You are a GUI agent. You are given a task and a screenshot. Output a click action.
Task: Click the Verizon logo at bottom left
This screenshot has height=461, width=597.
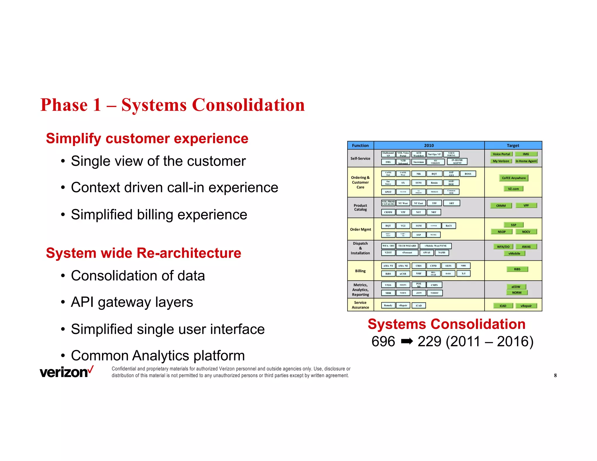tap(66, 372)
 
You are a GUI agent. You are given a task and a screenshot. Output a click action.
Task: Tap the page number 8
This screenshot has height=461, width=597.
tap(555, 375)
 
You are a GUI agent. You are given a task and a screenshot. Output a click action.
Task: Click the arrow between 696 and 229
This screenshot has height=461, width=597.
tap(407, 341)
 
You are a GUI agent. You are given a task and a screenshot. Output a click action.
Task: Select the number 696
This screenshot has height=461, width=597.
tap(383, 341)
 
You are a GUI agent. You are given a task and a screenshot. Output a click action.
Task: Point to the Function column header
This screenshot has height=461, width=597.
tap(360, 145)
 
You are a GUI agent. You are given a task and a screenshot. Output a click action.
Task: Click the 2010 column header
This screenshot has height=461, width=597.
tap(429, 145)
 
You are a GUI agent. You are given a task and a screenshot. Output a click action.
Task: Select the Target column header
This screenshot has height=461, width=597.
tap(513, 145)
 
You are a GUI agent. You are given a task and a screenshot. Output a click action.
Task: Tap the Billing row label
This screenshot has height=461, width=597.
tap(360, 271)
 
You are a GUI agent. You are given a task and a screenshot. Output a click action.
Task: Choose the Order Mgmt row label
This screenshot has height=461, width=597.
tap(360, 229)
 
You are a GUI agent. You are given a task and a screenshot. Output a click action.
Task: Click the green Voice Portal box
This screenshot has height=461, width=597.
tap(501, 154)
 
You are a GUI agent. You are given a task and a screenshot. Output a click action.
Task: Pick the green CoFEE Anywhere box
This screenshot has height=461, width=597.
tap(514, 178)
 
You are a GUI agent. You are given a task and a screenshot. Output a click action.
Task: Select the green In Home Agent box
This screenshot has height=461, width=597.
tap(526, 161)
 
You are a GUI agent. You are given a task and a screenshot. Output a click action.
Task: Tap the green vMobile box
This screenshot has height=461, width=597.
tap(514, 254)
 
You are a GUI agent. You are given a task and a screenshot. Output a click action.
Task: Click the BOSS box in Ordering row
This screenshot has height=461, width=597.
tap(468, 174)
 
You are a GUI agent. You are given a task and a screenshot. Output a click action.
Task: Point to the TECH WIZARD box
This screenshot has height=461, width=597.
tap(407, 246)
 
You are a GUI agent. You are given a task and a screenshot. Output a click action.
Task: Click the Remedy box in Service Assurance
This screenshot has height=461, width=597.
tap(388, 305)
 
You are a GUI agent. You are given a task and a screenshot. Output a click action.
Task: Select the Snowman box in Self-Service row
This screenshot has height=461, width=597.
tap(418, 162)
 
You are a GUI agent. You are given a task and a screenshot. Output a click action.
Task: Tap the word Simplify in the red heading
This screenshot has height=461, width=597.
tap(73, 138)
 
